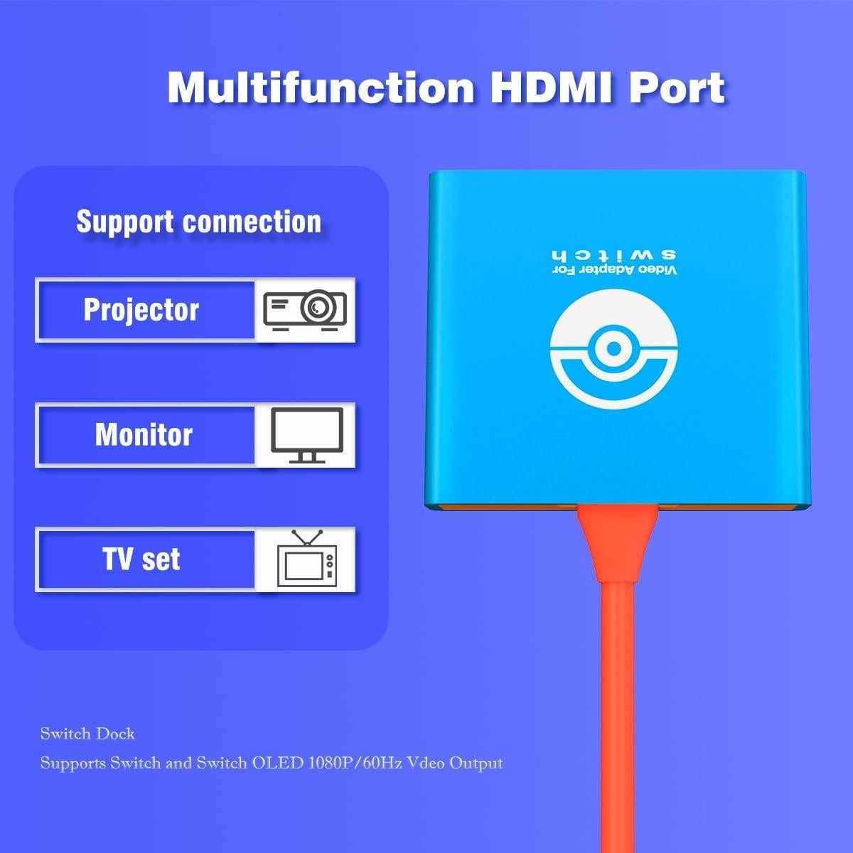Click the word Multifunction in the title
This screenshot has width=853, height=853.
(x=321, y=88)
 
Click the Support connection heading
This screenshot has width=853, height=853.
(x=199, y=222)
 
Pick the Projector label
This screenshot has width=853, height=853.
(x=141, y=311)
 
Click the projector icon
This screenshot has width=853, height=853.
(x=305, y=309)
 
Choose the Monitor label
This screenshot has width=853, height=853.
(x=144, y=435)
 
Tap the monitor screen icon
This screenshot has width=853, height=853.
(x=307, y=429)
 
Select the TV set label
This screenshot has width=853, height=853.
(x=141, y=559)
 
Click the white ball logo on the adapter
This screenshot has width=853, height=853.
(x=613, y=351)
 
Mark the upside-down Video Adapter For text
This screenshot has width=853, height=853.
(x=614, y=272)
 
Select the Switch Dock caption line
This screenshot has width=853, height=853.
(x=87, y=734)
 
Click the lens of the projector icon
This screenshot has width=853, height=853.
(x=318, y=308)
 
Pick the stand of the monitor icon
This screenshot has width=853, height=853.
(x=307, y=457)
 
